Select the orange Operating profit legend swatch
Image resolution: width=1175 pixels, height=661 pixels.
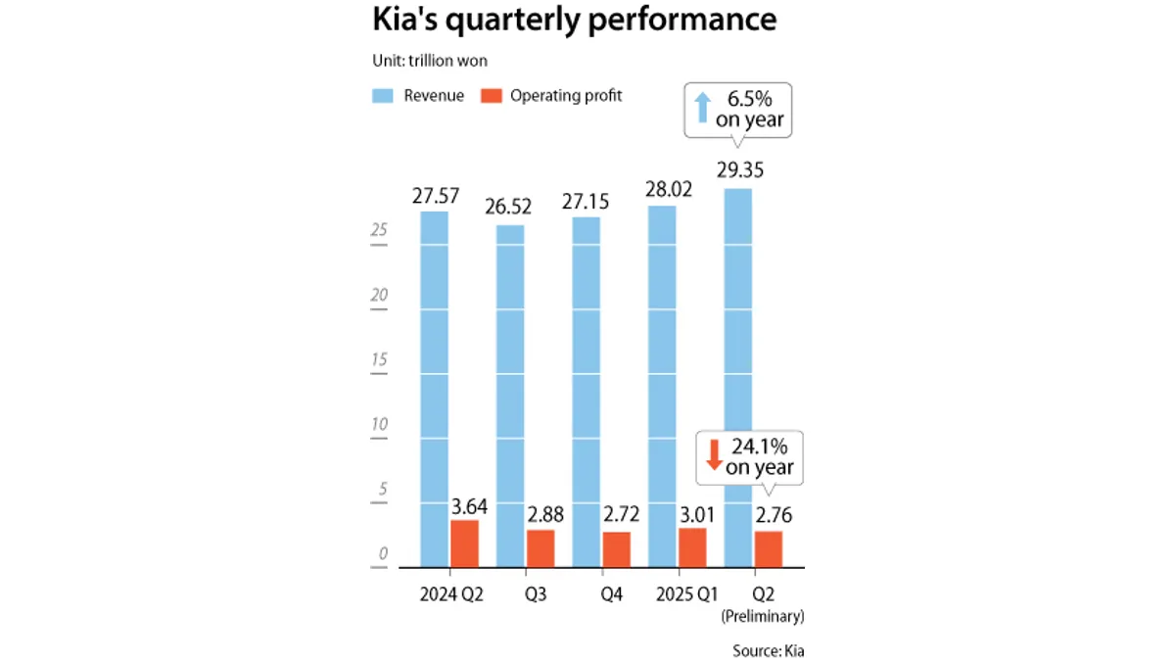(492, 96)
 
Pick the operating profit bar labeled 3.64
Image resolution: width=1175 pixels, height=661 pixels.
(465, 543)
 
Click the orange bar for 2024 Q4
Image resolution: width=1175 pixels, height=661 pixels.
(616, 548)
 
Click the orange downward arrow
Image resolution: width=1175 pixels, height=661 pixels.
(714, 453)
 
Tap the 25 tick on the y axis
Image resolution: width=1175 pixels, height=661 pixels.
(379, 230)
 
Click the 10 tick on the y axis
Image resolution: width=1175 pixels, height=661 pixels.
(379, 424)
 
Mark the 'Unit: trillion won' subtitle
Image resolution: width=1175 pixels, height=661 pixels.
(430, 61)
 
